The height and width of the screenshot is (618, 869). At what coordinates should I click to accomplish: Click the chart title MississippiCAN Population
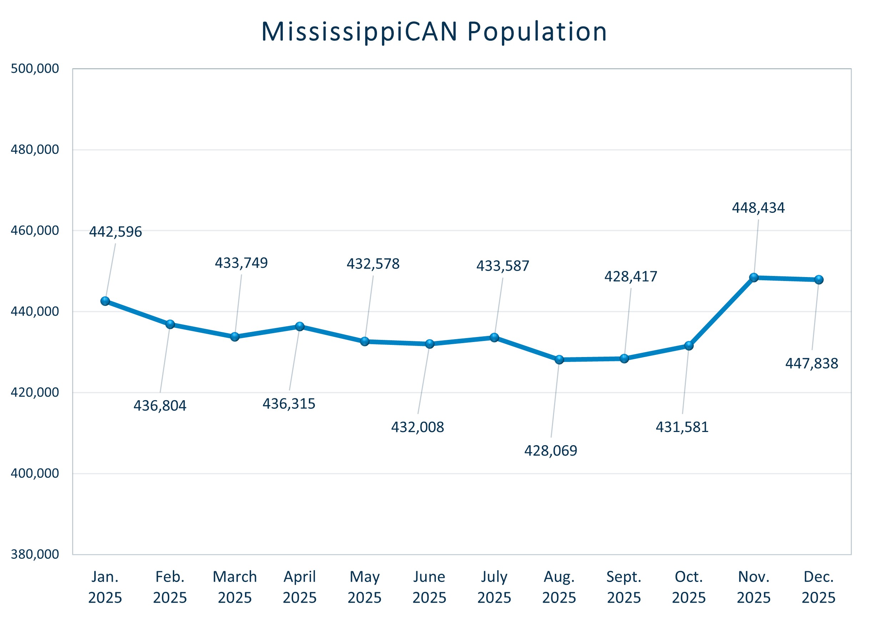(434, 31)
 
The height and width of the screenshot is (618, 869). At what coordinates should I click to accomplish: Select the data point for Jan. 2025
(105, 301)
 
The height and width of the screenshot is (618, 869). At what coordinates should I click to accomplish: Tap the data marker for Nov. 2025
(754, 277)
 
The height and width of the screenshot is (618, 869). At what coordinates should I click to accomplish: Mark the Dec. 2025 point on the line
(819, 280)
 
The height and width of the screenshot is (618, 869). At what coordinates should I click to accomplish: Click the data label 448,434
(758, 208)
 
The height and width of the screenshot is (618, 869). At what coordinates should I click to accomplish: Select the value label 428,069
(551, 451)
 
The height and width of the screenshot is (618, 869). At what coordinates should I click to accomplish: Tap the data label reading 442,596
(115, 232)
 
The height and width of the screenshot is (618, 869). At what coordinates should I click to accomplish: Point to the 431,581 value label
(682, 427)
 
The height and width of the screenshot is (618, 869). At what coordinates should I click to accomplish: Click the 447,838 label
(812, 363)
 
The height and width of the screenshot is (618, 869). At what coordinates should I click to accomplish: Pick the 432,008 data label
(417, 427)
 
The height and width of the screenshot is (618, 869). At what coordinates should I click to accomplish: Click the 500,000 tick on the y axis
(35, 69)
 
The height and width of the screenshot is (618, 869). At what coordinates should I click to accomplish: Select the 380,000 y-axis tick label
(35, 554)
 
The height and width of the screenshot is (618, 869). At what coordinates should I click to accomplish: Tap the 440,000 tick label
(35, 311)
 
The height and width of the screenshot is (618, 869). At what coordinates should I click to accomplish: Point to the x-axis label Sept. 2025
(624, 587)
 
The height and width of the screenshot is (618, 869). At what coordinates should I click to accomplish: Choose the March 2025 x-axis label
(235, 587)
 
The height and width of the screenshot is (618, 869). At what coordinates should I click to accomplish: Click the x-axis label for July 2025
(494, 587)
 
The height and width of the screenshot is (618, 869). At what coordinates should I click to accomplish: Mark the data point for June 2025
(430, 344)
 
